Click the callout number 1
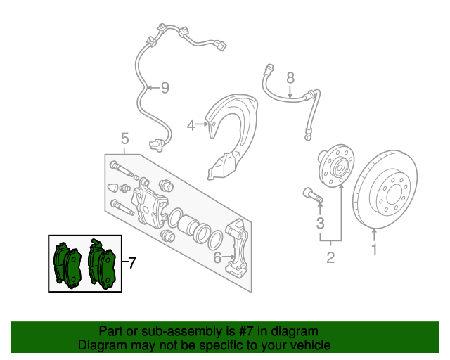374,248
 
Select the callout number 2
330,257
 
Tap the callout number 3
319,224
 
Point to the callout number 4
191,125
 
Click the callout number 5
124,137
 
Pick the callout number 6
217,257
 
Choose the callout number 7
131,264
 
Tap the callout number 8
290,78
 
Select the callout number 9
165,88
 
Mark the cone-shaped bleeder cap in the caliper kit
112,188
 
